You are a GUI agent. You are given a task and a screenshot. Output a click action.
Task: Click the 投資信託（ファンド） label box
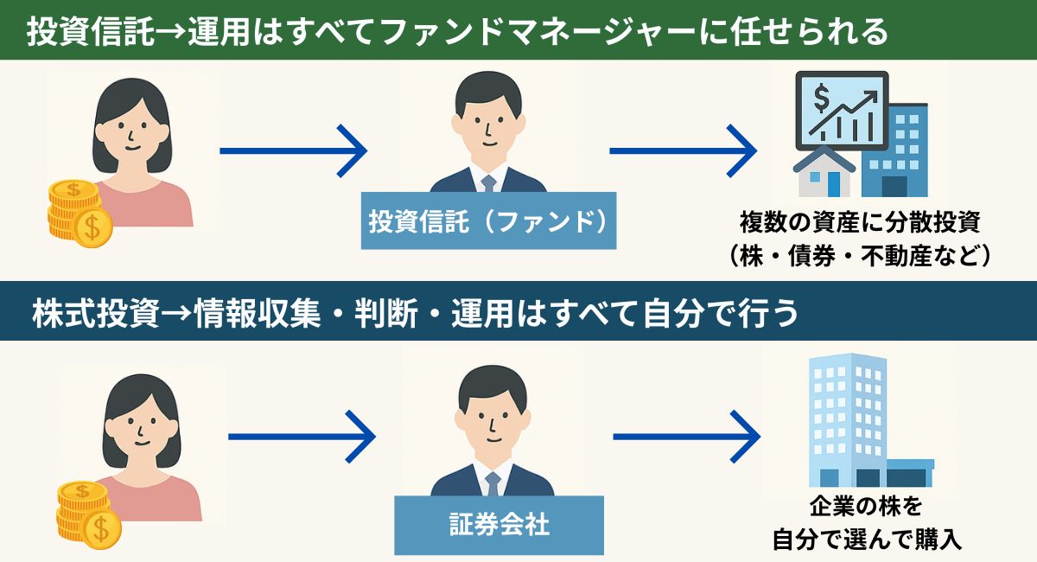pyautogui.click(x=488, y=220)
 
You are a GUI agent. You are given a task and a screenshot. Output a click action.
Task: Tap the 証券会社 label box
pyautogui.click(x=499, y=525)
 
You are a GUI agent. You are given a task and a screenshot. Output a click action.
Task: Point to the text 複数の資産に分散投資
pyautogui.click(x=859, y=222)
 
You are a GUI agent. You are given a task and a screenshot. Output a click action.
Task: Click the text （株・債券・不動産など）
pyautogui.click(x=859, y=256)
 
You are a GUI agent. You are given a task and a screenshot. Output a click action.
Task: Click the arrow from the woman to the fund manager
pyautogui.click(x=293, y=151)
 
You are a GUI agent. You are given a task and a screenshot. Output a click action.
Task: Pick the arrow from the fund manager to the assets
pyautogui.click(x=683, y=151)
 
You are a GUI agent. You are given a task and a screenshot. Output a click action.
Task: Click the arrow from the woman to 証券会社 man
pyautogui.click(x=302, y=437)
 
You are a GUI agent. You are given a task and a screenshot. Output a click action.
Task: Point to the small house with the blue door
pyautogui.click(x=825, y=172)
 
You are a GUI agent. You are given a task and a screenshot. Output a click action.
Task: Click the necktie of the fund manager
pyautogui.click(x=488, y=182)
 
